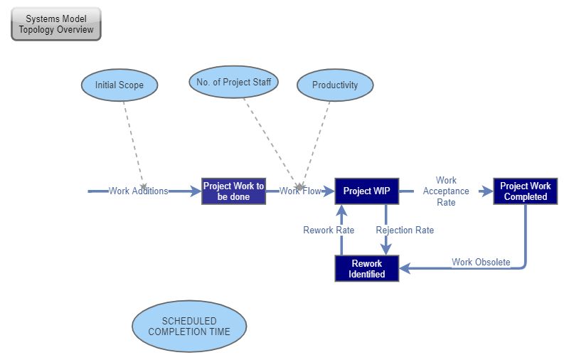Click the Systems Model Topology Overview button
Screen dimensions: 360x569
(56, 24)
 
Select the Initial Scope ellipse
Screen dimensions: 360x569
(119, 85)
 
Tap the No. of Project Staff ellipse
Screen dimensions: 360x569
(233, 83)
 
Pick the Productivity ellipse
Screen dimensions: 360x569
(335, 85)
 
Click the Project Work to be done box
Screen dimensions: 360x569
(233, 191)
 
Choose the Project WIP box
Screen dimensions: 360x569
(366, 191)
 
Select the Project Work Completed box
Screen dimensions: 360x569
(525, 191)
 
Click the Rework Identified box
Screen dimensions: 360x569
(366, 268)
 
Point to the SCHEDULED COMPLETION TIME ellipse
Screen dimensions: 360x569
(189, 327)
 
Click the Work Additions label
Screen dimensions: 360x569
(139, 191)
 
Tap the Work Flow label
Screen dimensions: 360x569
(299, 191)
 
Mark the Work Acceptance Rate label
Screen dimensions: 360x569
(446, 191)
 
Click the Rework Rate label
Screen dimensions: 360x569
(329, 231)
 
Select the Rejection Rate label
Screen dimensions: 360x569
(405, 231)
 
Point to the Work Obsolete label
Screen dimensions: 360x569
(481, 263)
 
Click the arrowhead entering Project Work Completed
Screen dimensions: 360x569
(488, 191)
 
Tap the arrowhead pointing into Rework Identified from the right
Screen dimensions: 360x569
(405, 268)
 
